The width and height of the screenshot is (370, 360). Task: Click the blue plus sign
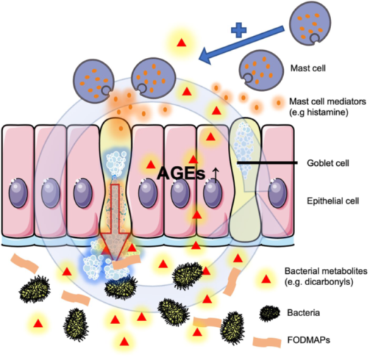[x=239, y=30]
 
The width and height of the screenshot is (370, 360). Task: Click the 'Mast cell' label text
[x=308, y=68]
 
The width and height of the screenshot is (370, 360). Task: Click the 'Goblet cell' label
[x=328, y=163]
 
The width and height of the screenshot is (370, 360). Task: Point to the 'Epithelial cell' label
[x=333, y=201]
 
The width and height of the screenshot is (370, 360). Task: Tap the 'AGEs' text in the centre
[x=181, y=174]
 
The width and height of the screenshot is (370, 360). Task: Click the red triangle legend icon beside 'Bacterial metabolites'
[x=266, y=280]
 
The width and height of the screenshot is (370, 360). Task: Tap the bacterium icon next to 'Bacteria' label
[x=270, y=313]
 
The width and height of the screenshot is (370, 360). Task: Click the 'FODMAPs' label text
[x=309, y=340]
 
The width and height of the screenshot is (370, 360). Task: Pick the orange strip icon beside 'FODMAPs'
[x=267, y=342]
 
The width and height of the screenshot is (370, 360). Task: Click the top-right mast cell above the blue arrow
[x=310, y=23]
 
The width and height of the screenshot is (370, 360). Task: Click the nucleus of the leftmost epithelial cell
[x=18, y=193]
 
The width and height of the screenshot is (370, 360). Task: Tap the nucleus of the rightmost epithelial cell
[x=277, y=193]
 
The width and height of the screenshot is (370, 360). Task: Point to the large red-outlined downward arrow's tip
[x=115, y=260]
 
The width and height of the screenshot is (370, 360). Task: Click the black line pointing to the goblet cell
[x=267, y=162]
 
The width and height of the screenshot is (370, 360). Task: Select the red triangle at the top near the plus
[x=181, y=42]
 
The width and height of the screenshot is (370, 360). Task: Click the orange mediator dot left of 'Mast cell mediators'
[x=278, y=102]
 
